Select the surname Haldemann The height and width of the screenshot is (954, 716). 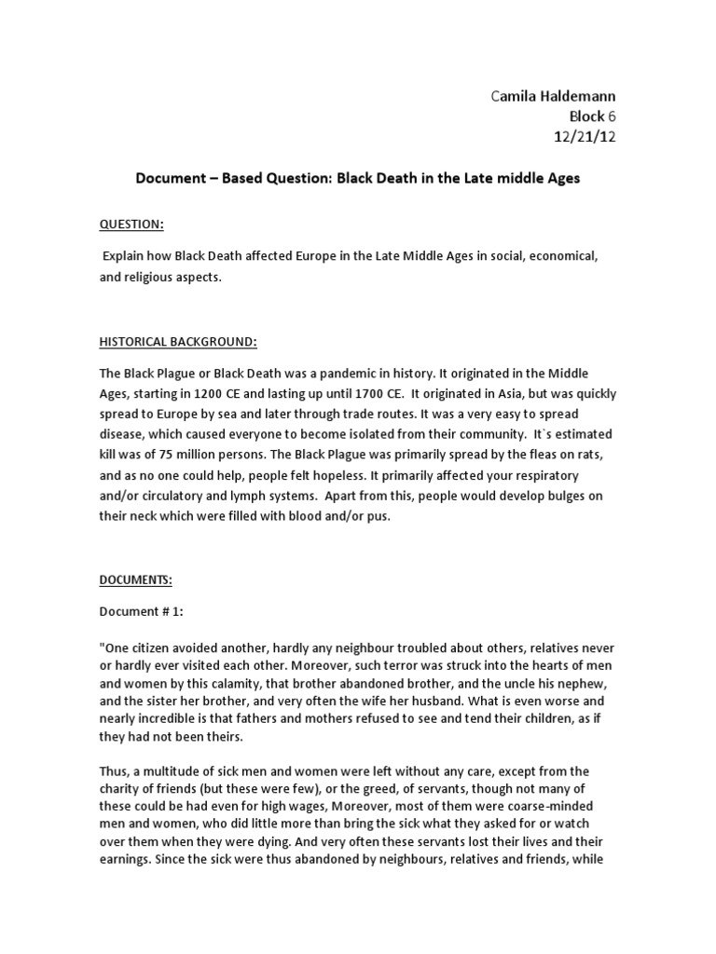pyautogui.click(x=580, y=96)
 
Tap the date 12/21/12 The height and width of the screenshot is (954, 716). pyautogui.click(x=585, y=137)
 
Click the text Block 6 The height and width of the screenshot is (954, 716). pyautogui.click(x=592, y=116)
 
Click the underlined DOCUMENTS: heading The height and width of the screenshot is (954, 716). pyautogui.click(x=136, y=579)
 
